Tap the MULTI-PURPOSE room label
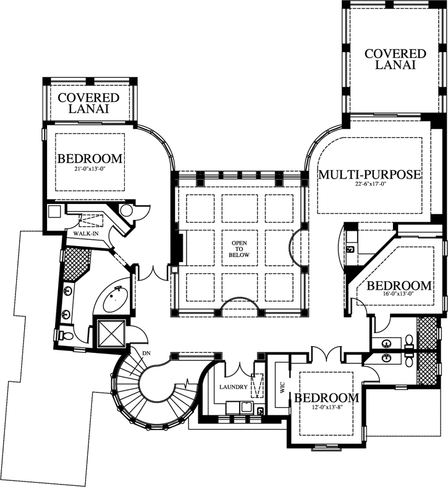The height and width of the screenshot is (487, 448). click(370, 174)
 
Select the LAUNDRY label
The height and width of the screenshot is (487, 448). click(233, 387)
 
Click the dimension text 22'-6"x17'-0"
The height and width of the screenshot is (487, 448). click(370, 185)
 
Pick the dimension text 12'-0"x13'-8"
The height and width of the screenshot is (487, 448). click(326, 408)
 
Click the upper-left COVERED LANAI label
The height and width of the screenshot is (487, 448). click(88, 103)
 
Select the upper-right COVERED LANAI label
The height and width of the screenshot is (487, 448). click(395, 59)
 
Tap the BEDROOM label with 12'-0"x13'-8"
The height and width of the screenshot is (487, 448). click(326, 397)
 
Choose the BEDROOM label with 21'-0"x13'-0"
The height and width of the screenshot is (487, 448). click(90, 159)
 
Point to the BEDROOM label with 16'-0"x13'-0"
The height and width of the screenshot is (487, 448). click(399, 286)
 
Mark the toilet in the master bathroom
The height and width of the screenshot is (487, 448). click(67, 336)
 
